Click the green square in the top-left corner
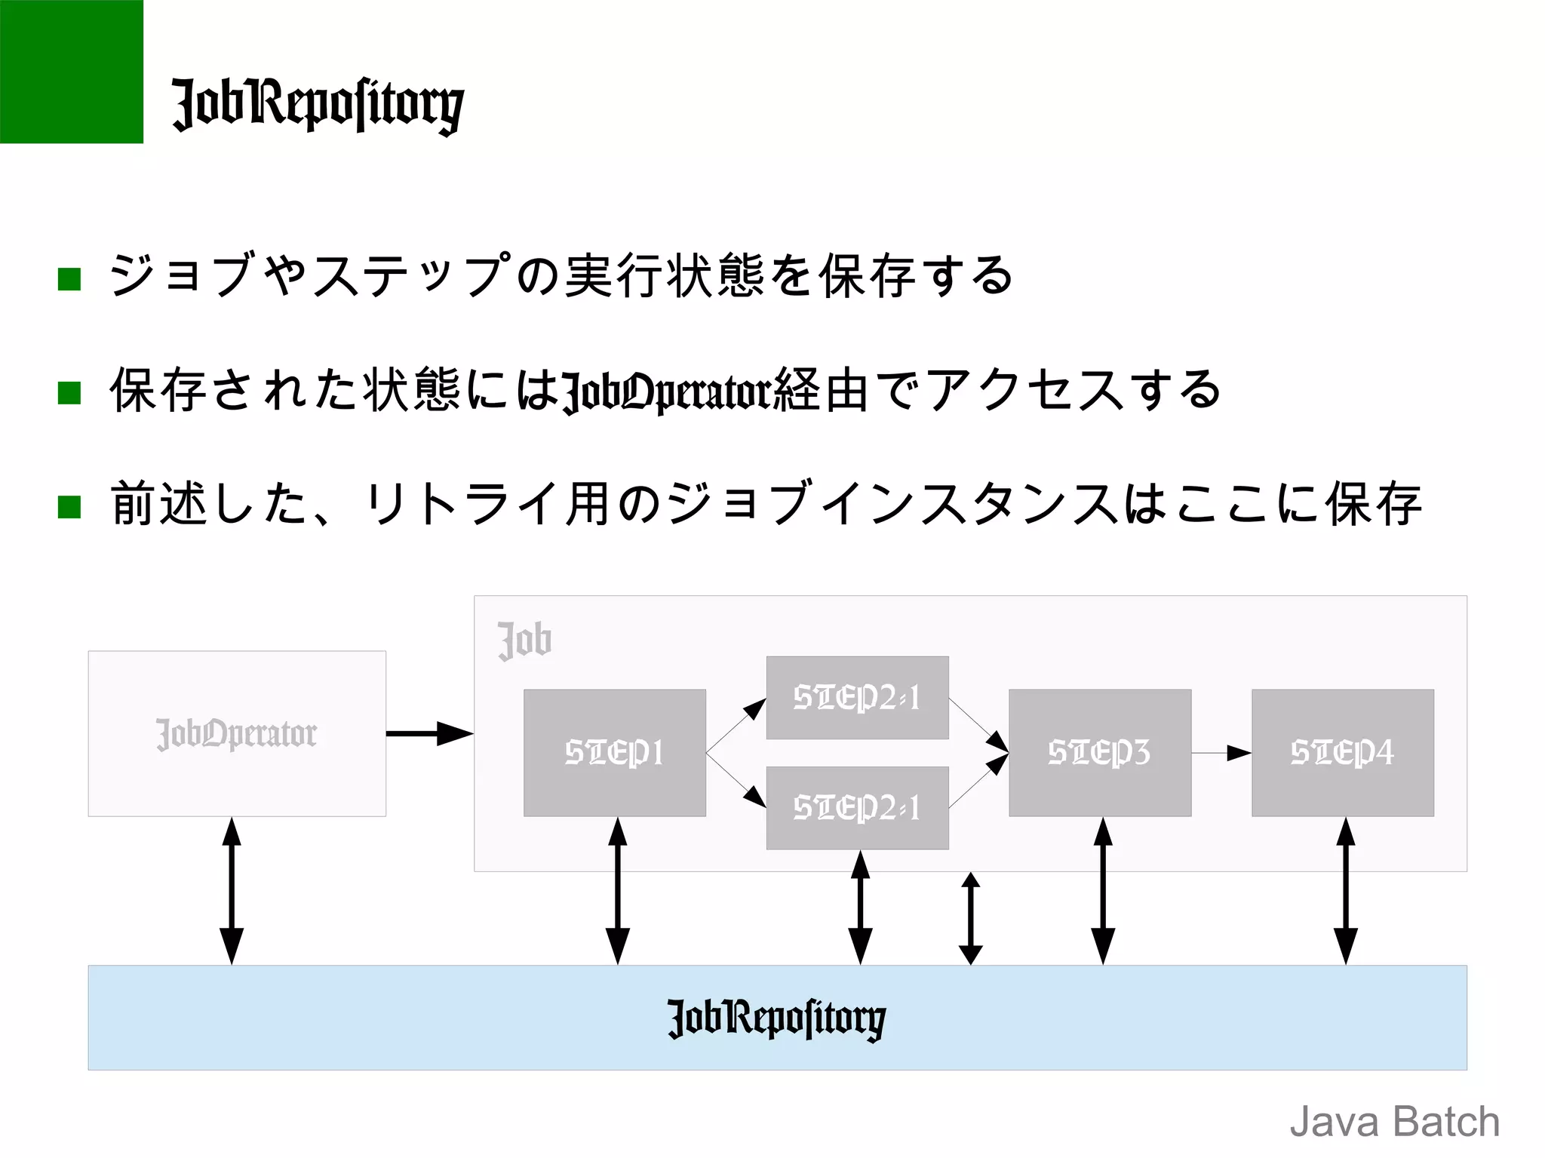[71, 71]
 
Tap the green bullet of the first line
[69, 279]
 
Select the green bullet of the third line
[69, 507]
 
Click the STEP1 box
[615, 752]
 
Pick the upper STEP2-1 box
[857, 697]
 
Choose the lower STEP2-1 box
[857, 808]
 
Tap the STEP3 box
[1100, 752]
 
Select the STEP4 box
[1342, 752]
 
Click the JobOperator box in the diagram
[237, 733]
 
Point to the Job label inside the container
[524, 640]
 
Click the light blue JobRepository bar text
[776, 1018]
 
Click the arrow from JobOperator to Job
[429, 733]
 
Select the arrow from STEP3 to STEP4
[1221, 753]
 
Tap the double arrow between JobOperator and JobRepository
[232, 890]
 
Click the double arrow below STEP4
[1345, 890]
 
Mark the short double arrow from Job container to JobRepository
[971, 918]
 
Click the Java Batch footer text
[1394, 1121]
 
